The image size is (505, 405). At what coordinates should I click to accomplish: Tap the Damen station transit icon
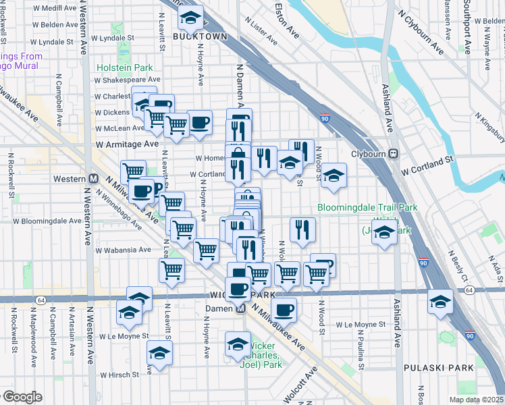(240, 308)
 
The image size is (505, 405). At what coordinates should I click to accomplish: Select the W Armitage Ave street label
(127, 144)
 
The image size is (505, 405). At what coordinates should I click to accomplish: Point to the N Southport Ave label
(466, 27)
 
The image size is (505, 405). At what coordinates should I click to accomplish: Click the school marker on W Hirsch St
(159, 352)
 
